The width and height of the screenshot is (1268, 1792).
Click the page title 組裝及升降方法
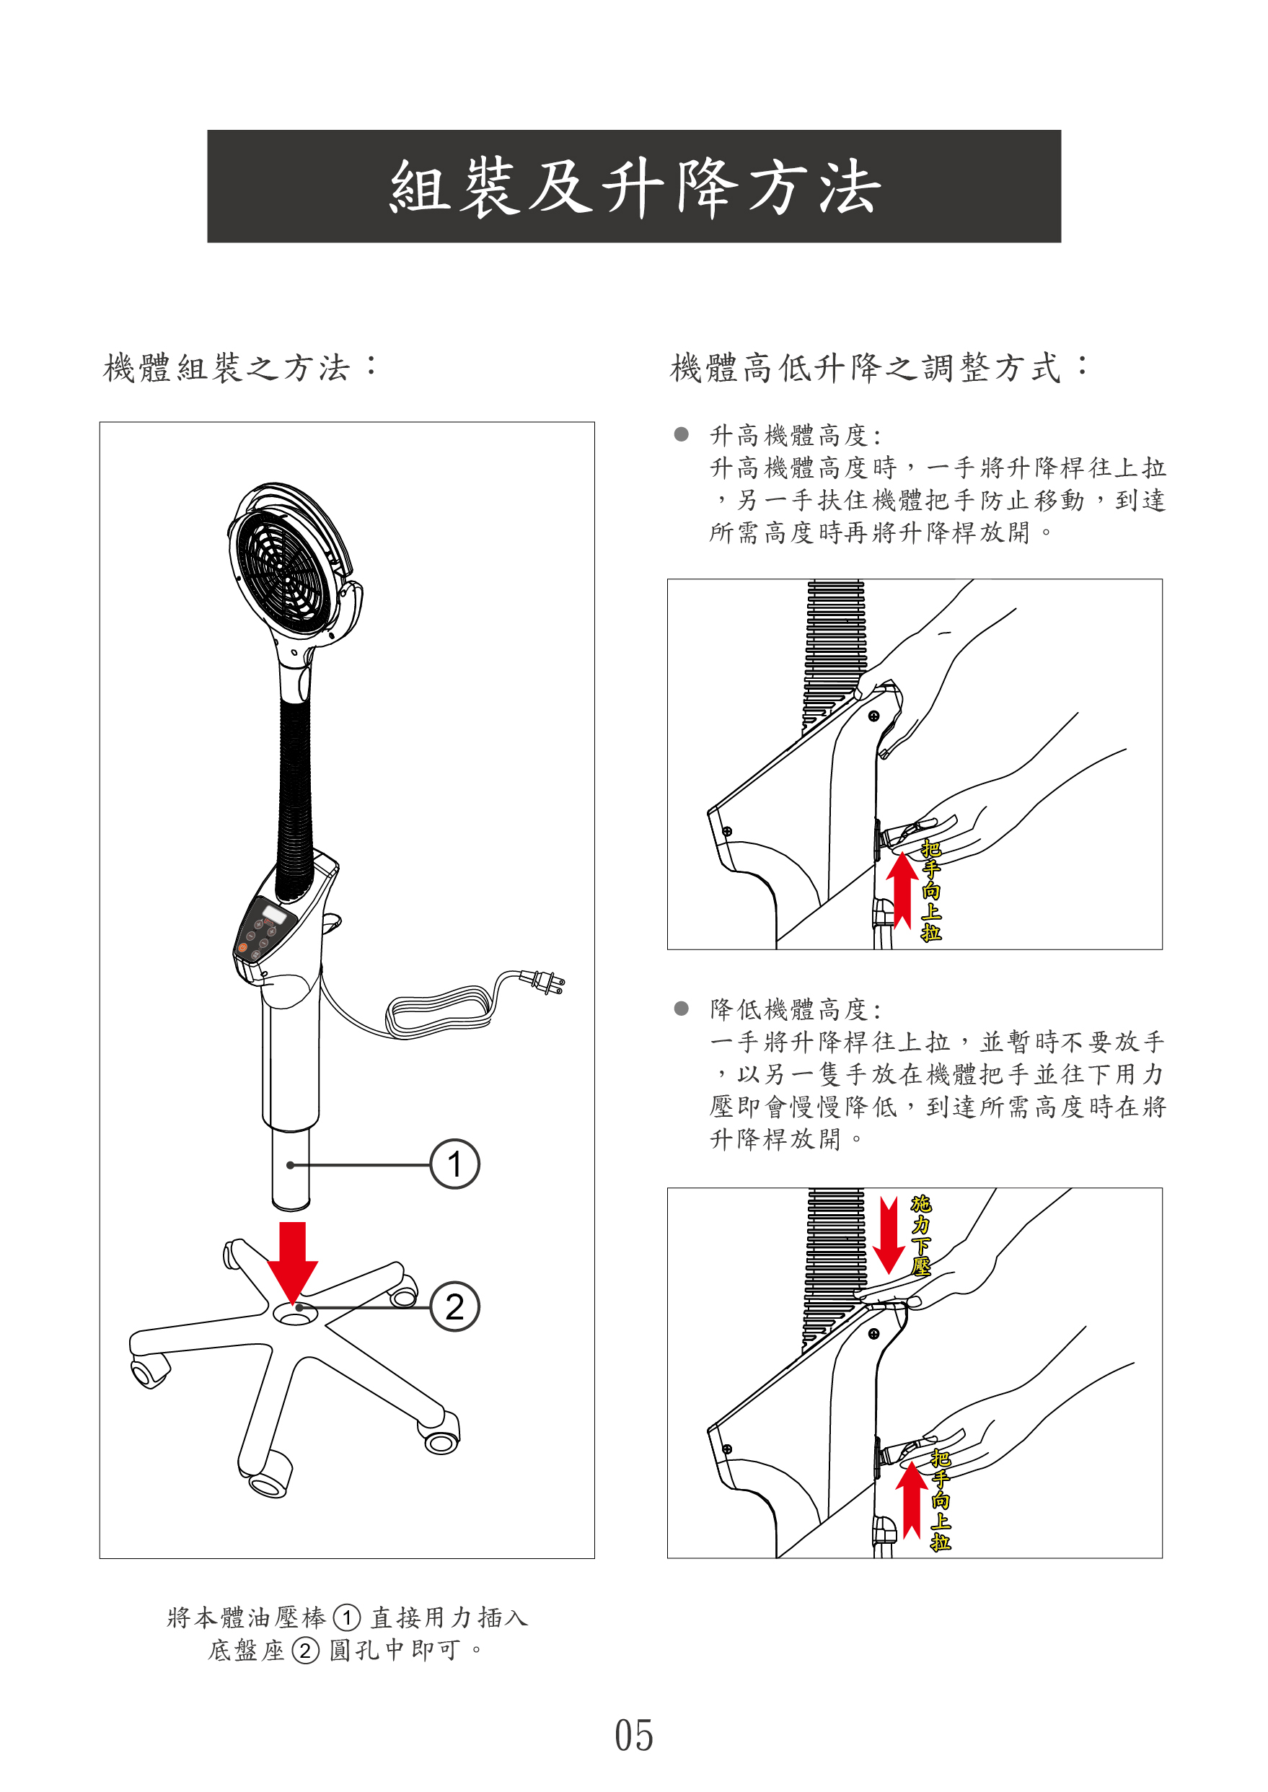(634, 188)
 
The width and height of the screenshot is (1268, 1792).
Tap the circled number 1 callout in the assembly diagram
(454, 1164)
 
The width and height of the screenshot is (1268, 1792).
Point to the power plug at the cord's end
(547, 982)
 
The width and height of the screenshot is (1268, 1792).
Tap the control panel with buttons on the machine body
(264, 933)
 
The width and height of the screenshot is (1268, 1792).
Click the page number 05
(633, 1735)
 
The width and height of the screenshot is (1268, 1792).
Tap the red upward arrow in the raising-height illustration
(902, 890)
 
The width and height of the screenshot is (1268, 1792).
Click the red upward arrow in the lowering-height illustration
(911, 1499)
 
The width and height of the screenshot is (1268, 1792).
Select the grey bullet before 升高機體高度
(681, 434)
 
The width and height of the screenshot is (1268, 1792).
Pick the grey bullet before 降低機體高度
(681, 1008)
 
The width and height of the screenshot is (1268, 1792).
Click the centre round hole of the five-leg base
(294, 1315)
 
